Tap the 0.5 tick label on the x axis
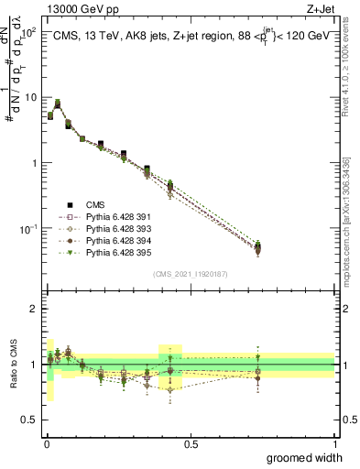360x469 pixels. pos(191,443)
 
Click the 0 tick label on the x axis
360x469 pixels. pos(46,443)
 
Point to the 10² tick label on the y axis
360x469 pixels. pos(28,30)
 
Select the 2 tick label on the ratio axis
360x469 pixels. pos(33,308)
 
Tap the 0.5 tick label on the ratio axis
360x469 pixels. pos(29,419)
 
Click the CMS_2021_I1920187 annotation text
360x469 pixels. pos(191,273)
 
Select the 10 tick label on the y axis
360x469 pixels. pos(30,96)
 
